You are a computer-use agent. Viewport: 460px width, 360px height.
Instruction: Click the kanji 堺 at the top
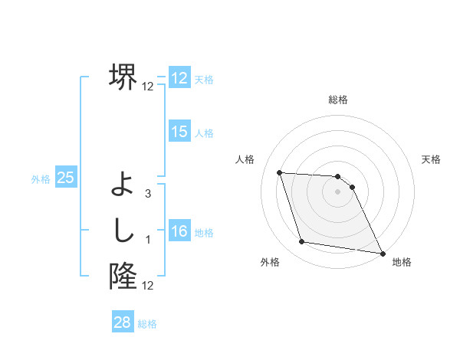123,77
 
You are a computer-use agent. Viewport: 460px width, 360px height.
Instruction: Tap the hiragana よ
123,184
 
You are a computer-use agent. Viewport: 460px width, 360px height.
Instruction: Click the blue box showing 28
123,322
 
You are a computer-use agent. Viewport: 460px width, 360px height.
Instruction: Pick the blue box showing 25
65,178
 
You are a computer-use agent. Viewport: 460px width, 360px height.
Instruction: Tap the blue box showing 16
179,231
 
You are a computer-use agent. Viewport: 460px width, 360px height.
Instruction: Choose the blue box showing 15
179,132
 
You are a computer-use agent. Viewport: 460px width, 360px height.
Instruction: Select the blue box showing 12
179,78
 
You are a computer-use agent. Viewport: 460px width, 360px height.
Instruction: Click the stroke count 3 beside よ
148,194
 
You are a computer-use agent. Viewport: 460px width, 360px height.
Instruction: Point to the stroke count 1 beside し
148,241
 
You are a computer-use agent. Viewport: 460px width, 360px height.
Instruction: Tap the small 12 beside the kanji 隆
148,286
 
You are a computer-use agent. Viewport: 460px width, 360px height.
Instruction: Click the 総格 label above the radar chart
338,100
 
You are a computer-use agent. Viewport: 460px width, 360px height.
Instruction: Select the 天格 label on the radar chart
432,159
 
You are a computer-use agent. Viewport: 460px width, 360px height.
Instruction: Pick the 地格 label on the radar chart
402,262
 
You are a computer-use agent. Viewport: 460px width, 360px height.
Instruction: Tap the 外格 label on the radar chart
270,262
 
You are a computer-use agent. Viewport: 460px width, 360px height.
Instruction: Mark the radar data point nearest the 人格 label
279,172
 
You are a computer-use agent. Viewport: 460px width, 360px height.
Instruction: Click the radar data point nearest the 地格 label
383,252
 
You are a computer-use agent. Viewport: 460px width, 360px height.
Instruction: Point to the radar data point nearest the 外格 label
302,242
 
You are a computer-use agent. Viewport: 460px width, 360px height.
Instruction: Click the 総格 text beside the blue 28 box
147,324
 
